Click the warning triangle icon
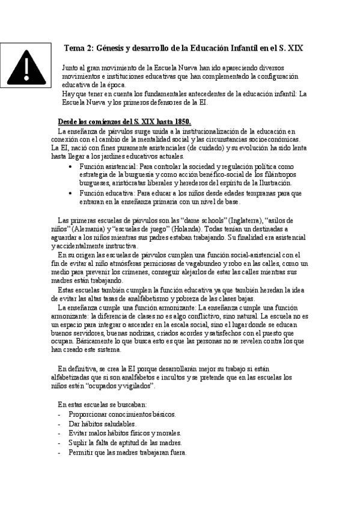(x=28, y=68)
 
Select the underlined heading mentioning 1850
(x=123, y=120)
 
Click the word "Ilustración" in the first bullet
(x=272, y=183)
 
